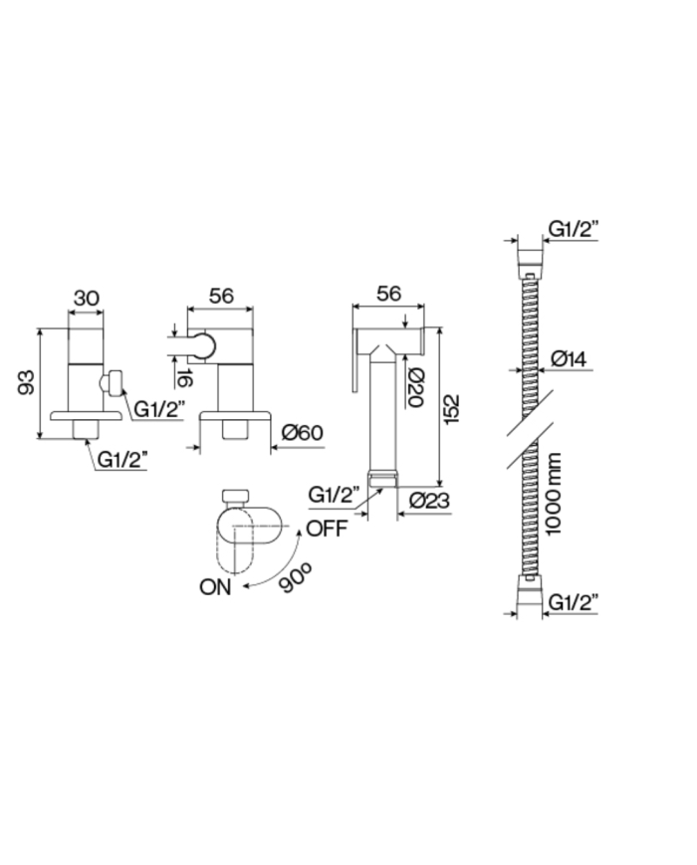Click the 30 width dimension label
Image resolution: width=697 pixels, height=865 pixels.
pyautogui.click(x=87, y=299)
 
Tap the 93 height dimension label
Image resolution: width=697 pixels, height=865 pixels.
pyautogui.click(x=26, y=382)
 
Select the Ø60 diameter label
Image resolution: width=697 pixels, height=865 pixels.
pyautogui.click(x=302, y=432)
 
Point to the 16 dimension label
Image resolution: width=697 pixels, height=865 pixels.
pyautogui.click(x=184, y=378)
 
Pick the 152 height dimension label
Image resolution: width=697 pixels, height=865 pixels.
pyautogui.click(x=451, y=409)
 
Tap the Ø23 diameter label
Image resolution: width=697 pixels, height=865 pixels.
pyautogui.click(x=430, y=500)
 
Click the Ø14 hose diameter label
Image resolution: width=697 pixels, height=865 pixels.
pyautogui.click(x=569, y=359)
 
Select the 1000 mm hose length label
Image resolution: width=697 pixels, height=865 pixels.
pyautogui.click(x=553, y=494)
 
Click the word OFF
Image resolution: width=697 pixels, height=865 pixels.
pyautogui.click(x=327, y=529)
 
